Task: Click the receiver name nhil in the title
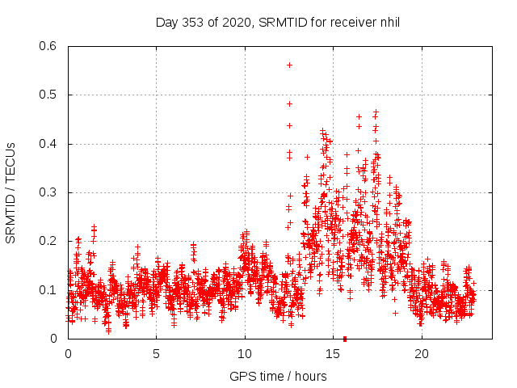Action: [388, 22]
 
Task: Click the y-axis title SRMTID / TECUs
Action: [11, 192]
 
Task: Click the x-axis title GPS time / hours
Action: [278, 376]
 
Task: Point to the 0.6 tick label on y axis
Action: [50, 46]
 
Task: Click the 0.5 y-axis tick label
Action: [50, 95]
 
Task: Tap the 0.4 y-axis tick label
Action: [50, 144]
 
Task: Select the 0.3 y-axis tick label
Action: [50, 192]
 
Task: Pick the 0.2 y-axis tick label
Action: [50, 241]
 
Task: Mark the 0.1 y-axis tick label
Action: [50, 289]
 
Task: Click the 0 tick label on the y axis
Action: [57, 339]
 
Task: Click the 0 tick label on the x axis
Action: [68, 353]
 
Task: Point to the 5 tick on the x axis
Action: [156, 353]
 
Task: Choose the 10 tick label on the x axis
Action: [244, 353]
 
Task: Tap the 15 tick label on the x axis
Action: [332, 353]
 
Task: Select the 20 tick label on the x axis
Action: [420, 353]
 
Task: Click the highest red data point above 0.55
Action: [289, 65]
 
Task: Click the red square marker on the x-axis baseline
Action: [345, 339]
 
